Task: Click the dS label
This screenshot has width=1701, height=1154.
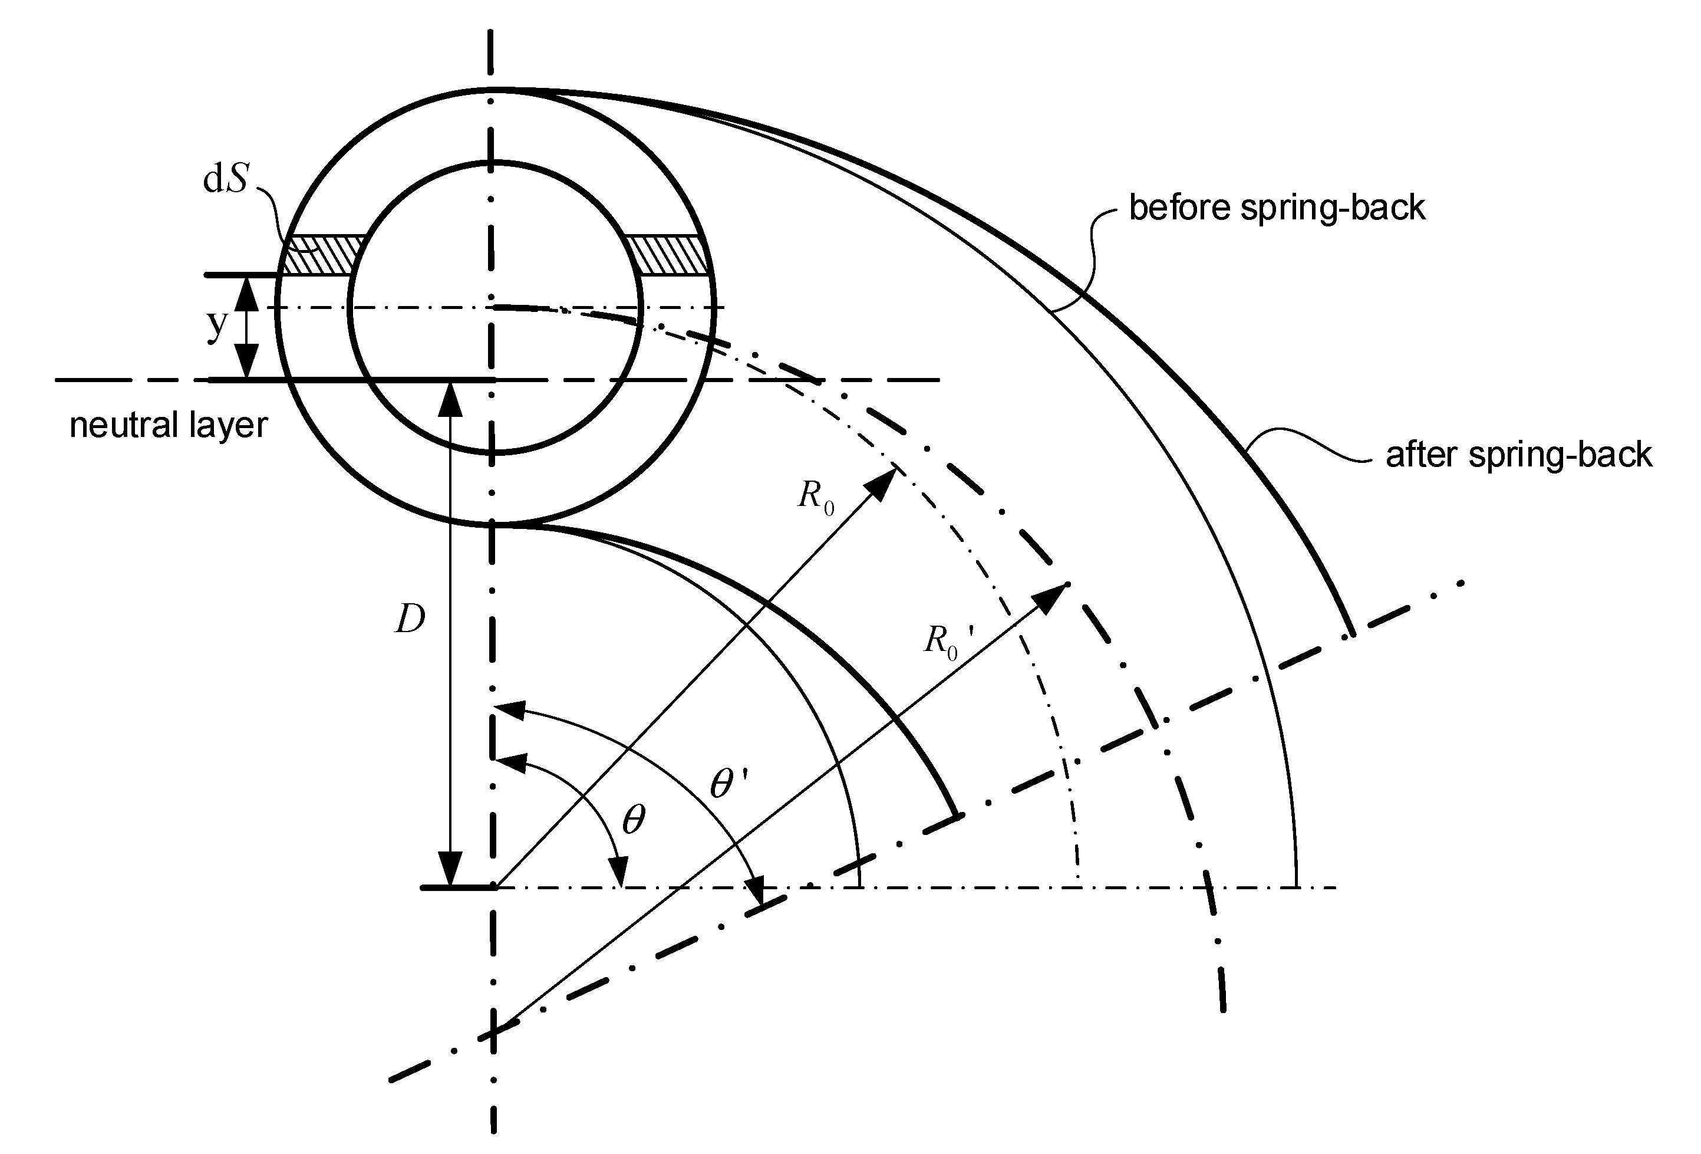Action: (x=225, y=179)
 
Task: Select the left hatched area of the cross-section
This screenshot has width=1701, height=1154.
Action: (x=322, y=255)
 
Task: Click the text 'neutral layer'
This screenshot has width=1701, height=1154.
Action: (x=169, y=425)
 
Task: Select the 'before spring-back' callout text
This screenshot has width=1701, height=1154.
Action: (x=1277, y=208)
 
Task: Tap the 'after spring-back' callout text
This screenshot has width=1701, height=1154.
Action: (x=1519, y=455)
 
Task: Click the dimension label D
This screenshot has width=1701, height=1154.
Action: (x=410, y=620)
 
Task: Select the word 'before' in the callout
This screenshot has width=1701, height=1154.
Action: (x=1181, y=208)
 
